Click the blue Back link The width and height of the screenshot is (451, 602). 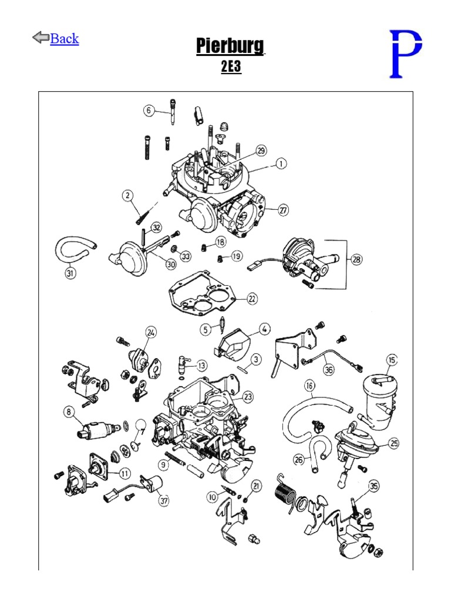(64, 39)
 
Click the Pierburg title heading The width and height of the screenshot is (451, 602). (230, 46)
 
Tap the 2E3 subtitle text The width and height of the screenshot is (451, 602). (231, 67)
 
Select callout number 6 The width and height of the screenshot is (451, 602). (149, 111)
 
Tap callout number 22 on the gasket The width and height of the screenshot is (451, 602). (251, 299)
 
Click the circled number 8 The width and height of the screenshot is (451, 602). (70, 413)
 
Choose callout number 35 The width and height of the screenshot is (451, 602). (373, 486)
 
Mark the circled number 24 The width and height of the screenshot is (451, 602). (151, 333)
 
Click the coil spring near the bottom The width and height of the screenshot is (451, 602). (286, 490)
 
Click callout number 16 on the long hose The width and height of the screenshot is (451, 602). (309, 386)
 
